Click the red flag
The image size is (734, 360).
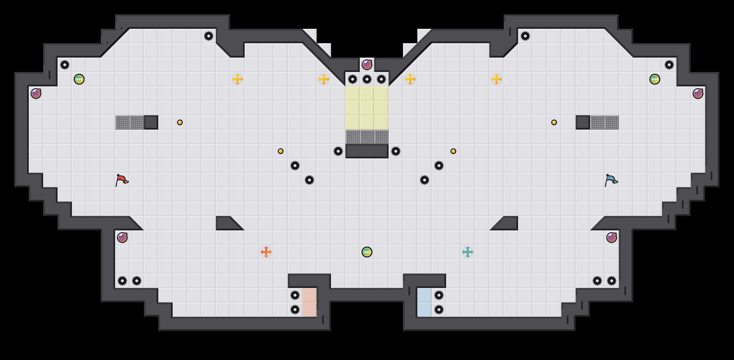pyautogui.click(x=122, y=180)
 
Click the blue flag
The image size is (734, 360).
pyautogui.click(x=611, y=180)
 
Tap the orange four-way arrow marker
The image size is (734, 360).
pyautogui.click(x=266, y=252)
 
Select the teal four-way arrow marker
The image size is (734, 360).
pyautogui.click(x=468, y=252)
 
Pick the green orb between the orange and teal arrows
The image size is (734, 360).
pyautogui.click(x=367, y=252)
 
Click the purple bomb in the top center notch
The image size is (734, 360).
pyautogui.click(x=367, y=65)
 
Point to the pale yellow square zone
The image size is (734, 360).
pyautogui.click(x=367, y=108)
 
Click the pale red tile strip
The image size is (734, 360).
pyautogui.click(x=309, y=302)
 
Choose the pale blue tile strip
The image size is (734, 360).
pyautogui.click(x=425, y=302)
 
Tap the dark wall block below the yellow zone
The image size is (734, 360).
pyautogui.click(x=367, y=151)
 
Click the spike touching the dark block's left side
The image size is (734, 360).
pyautogui.click(x=338, y=151)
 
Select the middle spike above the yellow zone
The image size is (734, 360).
pyautogui.click(x=367, y=79)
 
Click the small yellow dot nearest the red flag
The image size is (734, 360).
pyautogui.click(x=180, y=122)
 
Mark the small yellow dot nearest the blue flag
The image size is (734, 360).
pyautogui.click(x=554, y=122)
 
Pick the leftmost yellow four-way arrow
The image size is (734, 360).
pyautogui.click(x=237, y=79)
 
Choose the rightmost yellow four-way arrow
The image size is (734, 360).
pyautogui.click(x=497, y=79)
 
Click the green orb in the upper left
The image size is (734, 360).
pyautogui.click(x=79, y=79)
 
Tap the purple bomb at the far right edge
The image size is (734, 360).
pyautogui.click(x=698, y=94)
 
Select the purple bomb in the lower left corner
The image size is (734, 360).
pyautogui.click(x=122, y=238)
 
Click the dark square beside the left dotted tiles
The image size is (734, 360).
pyautogui.click(x=151, y=122)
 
